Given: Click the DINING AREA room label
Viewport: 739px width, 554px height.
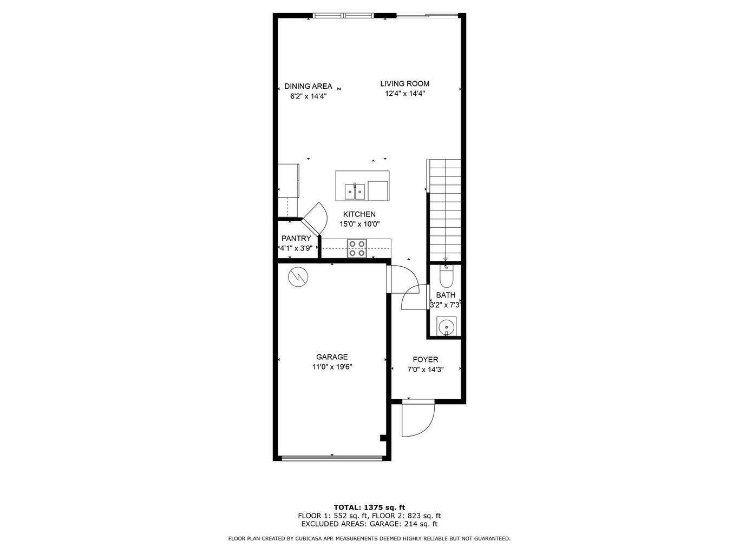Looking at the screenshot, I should coord(308,87).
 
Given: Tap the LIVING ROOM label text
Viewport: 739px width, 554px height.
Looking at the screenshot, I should coord(404,83).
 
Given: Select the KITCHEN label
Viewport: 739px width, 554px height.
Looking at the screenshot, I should coord(359,214).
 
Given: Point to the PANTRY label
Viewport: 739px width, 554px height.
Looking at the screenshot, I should coord(296,239).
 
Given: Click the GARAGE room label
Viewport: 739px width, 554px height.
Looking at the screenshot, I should coord(332,357).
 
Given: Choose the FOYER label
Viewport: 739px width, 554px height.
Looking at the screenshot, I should coord(425,360).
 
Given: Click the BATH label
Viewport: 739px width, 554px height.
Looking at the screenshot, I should coord(446,295).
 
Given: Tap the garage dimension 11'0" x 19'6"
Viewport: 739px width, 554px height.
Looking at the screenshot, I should coord(332,367).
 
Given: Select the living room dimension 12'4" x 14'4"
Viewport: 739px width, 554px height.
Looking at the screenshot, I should coord(404,93).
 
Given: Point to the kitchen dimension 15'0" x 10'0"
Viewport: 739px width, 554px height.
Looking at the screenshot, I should coord(359,224).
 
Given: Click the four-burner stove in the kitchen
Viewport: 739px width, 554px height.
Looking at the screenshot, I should coord(357,248).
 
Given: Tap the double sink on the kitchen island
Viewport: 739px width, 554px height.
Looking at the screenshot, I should coord(355,191).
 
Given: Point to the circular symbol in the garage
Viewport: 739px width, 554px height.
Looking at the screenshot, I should coord(298,278).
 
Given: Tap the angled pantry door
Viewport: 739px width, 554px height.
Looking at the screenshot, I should coord(315,216).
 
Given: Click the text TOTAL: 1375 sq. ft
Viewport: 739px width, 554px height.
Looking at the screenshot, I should coord(369,507).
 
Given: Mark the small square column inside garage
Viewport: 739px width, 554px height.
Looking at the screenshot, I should coord(383,438).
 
